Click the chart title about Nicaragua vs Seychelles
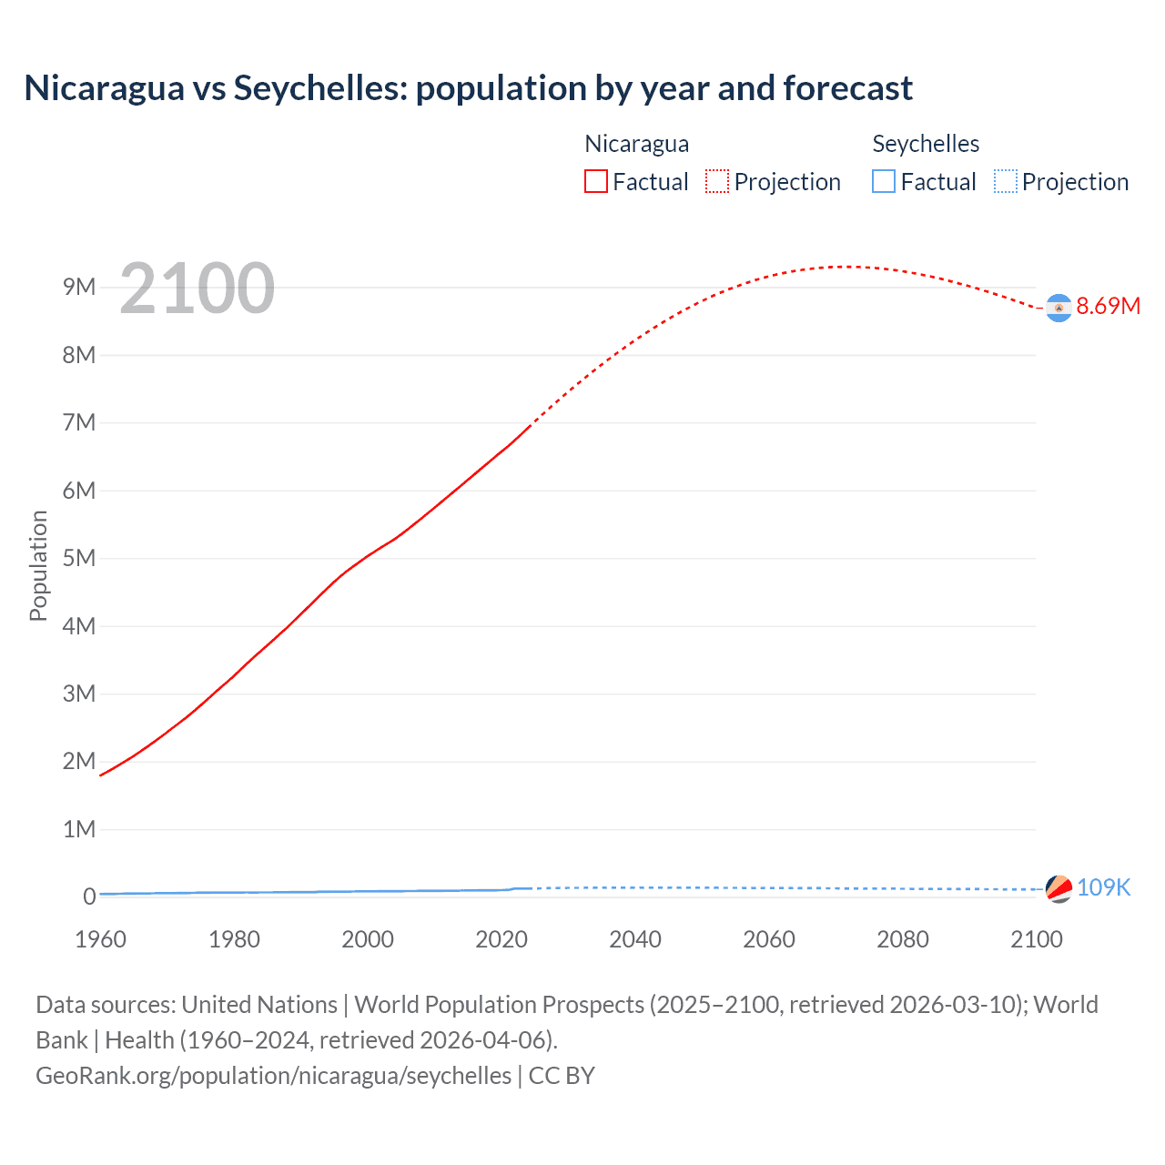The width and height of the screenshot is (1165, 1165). click(x=468, y=88)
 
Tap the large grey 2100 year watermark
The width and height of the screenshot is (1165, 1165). click(x=197, y=289)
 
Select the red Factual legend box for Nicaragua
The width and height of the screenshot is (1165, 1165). click(x=596, y=182)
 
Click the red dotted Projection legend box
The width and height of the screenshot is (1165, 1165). click(x=717, y=182)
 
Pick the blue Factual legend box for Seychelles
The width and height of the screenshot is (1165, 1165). click(x=884, y=182)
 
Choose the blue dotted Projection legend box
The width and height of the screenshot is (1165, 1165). click(x=1005, y=182)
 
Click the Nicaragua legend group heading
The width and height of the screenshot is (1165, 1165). click(x=636, y=144)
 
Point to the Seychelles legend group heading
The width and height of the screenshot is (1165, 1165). click(x=926, y=144)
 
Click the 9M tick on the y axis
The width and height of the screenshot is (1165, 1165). click(x=79, y=288)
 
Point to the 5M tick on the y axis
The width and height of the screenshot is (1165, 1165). click(x=79, y=558)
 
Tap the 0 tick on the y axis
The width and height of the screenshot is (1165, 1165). click(x=88, y=897)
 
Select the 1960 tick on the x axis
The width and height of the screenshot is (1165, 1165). click(x=100, y=939)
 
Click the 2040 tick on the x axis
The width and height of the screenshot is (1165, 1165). click(x=635, y=939)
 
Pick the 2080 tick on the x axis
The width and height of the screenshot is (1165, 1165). click(x=903, y=939)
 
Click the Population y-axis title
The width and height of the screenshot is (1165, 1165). click(x=38, y=565)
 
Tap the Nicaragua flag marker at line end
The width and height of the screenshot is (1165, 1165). click(x=1059, y=309)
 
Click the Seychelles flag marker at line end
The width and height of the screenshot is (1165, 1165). click(x=1059, y=888)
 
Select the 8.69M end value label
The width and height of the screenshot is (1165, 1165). click(x=1108, y=306)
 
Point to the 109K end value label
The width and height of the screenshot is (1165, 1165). click(x=1103, y=887)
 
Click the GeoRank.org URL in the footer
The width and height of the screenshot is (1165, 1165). click(x=273, y=1076)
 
